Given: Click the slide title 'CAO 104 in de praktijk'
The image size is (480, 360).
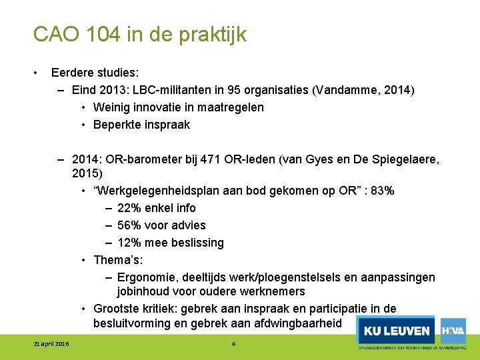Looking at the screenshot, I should pos(140,35).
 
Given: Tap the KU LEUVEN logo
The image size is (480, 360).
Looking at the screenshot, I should pos(396,331).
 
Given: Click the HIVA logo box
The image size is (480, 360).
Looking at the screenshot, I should pos(453,330).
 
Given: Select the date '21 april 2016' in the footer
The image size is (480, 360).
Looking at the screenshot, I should pos(51,343).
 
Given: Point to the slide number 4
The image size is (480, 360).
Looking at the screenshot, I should pos(233,343).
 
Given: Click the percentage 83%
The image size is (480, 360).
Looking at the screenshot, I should pos(381,191).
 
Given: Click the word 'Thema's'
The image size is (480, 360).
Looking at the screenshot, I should pos(117,260).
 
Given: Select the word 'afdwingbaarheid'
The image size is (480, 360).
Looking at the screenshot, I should pos(300,324).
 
